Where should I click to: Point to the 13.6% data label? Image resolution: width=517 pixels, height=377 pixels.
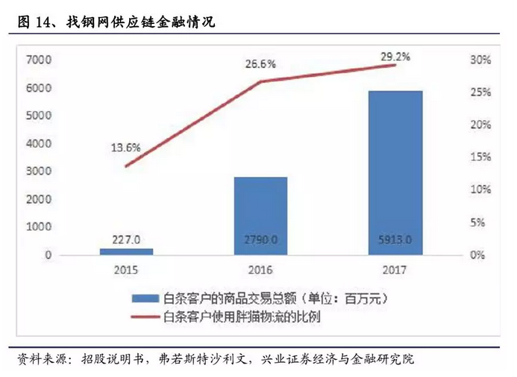(126, 147)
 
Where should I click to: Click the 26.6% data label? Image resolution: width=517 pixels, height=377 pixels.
(260, 65)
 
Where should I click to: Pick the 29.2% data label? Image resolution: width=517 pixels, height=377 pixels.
(395, 54)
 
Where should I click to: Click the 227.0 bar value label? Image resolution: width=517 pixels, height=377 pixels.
(126, 239)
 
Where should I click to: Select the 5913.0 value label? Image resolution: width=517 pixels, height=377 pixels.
(395, 240)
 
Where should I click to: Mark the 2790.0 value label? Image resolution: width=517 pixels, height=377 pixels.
(260, 240)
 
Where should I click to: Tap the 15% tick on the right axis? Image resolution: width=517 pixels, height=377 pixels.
(480, 158)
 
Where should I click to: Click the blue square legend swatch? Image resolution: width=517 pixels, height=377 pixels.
(147, 299)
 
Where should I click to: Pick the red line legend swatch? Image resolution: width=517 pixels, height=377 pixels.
(147, 316)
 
